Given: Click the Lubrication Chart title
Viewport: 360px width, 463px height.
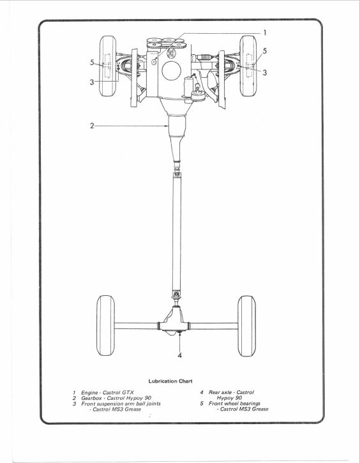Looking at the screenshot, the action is tap(170, 381).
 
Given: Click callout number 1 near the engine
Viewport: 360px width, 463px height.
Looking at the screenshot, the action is tap(265, 33).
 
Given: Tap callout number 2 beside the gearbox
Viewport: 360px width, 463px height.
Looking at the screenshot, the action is tap(92, 126).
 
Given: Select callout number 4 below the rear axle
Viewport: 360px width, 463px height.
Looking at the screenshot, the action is tap(180, 355).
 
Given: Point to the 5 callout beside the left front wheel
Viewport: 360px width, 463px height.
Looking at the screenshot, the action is tap(92, 62).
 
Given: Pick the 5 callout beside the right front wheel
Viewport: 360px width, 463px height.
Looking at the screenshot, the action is tap(264, 51).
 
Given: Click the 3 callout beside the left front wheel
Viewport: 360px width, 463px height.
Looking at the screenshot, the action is tap(92, 82).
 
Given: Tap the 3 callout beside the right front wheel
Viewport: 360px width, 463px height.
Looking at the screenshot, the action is tap(265, 72).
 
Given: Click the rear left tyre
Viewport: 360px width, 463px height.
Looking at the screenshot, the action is tap(105, 325).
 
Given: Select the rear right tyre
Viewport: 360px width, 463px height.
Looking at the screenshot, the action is tap(247, 326).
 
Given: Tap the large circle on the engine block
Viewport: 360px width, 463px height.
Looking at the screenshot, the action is tap(172, 71).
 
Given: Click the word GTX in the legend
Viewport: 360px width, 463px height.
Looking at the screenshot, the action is tap(128, 392).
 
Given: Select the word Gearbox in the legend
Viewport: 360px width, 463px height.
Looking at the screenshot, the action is tap(91, 398).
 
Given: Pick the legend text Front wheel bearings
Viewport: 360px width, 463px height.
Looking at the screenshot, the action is tap(234, 403).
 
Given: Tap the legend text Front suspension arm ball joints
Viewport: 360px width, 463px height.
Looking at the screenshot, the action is tap(121, 404).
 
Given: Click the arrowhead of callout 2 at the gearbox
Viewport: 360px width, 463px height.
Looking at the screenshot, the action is tap(167, 126).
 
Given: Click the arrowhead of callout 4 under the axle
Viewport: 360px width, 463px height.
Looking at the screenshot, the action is tap(180, 334).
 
